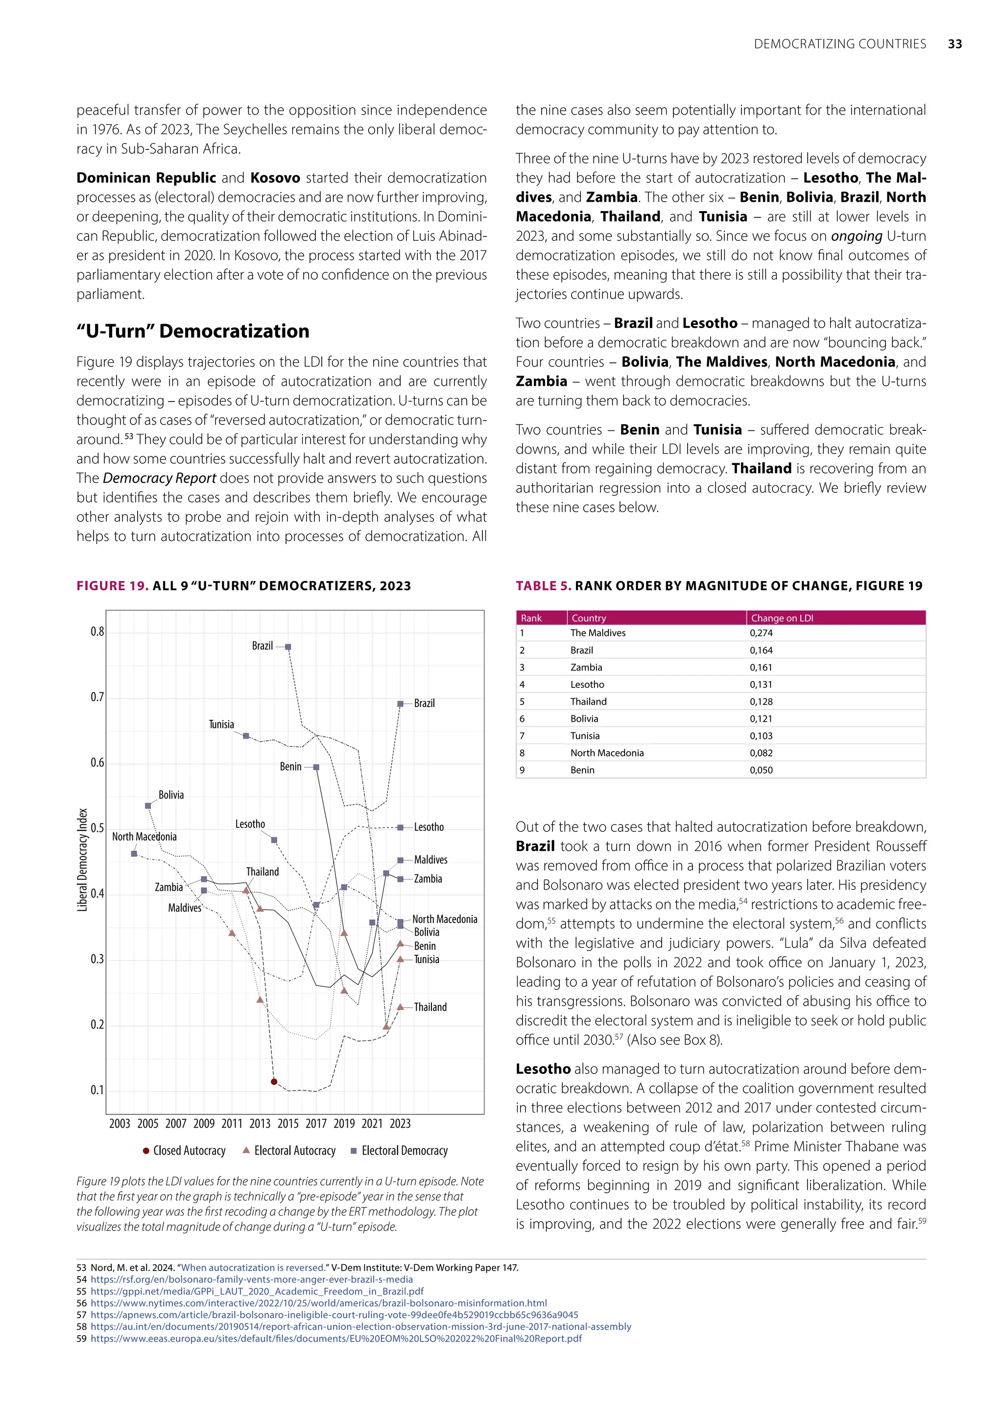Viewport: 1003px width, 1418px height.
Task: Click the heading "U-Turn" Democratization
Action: pos(192,331)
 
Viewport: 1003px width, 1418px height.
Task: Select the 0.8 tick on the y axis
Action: pos(97,631)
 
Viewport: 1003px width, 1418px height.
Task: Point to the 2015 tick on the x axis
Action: pos(288,1123)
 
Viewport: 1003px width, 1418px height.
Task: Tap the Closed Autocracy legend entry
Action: pos(184,1151)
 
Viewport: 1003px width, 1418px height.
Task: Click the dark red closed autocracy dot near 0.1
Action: pos(274,1082)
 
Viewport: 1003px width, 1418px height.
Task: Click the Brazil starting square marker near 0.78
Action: pos(288,647)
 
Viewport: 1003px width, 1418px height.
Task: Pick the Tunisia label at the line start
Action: pos(221,724)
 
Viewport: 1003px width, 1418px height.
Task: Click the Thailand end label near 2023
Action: pos(430,1007)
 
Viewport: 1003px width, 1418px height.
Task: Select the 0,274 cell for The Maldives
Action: pos(761,633)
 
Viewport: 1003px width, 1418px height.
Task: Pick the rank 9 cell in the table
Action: pos(523,770)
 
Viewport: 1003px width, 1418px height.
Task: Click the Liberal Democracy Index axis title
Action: pos(82,860)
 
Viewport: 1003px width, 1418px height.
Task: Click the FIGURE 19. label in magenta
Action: pos(112,586)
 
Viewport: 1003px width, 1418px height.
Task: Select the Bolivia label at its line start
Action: pos(171,795)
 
